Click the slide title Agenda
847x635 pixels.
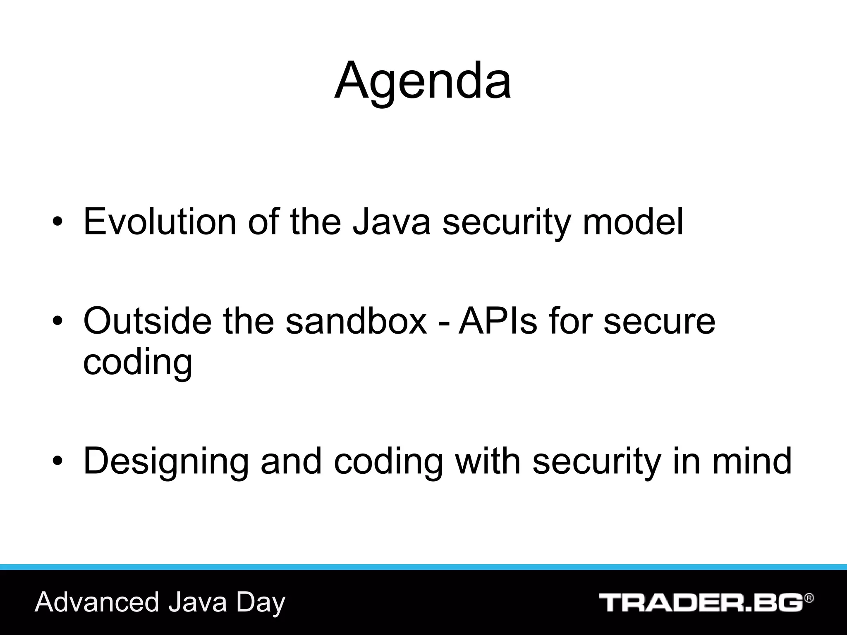(423, 81)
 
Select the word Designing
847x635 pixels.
(166, 462)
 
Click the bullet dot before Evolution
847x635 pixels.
(57, 223)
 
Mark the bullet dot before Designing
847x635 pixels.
(57, 462)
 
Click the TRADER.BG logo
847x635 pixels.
(701, 603)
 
